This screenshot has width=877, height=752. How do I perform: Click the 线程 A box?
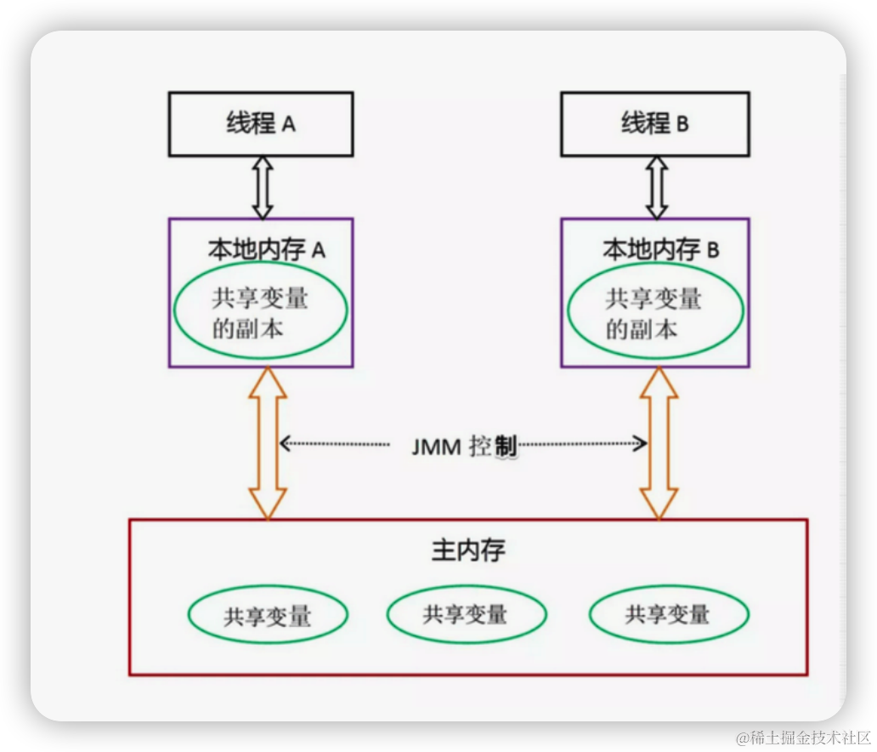click(x=261, y=124)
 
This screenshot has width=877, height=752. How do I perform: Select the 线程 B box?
click(x=654, y=124)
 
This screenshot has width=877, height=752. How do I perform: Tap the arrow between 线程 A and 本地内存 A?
click(x=262, y=187)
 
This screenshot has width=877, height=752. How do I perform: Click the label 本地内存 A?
click(x=267, y=250)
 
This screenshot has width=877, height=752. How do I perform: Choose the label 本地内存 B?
click(x=660, y=250)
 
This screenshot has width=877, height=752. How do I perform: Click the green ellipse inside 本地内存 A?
click(x=260, y=313)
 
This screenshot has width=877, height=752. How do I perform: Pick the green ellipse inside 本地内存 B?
click(x=654, y=313)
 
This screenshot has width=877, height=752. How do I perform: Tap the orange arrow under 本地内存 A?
click(x=269, y=443)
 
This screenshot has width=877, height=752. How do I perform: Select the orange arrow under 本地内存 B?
click(x=659, y=443)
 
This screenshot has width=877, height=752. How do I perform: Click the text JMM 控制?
click(x=464, y=445)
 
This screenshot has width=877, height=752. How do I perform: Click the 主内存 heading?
click(x=468, y=550)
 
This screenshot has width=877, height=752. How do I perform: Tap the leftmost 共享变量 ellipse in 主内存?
click(x=268, y=615)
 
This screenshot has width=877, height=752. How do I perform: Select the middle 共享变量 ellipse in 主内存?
click(x=466, y=613)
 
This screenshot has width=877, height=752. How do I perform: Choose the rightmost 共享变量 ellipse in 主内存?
click(x=668, y=614)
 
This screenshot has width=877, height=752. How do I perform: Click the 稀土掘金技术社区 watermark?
click(x=802, y=736)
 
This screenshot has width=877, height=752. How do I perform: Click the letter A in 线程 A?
click(x=288, y=124)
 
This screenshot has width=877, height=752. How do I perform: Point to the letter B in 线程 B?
click(x=682, y=124)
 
